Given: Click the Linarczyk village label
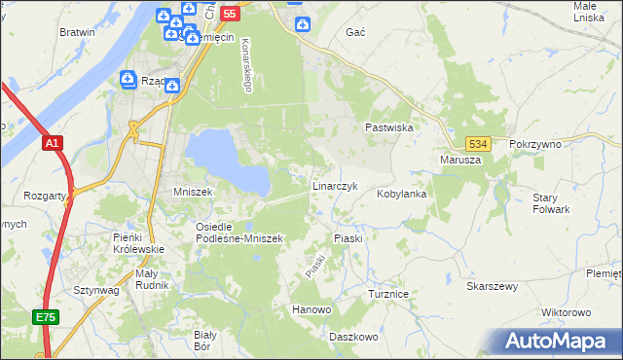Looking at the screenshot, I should (x=336, y=185).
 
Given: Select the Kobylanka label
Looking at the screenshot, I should (x=402, y=194).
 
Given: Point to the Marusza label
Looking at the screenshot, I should (x=460, y=160).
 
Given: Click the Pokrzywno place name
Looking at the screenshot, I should (x=535, y=144).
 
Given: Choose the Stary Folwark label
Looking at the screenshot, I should (x=551, y=203).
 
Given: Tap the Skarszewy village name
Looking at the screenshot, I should (x=492, y=287).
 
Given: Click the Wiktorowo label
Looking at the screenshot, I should (x=566, y=312).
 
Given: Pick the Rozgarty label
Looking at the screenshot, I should (x=47, y=195).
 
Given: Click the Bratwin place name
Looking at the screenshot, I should (x=77, y=32).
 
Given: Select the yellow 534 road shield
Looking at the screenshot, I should (x=476, y=143).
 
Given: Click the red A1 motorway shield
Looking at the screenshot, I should (x=53, y=143).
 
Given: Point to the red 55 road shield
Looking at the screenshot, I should (x=230, y=14).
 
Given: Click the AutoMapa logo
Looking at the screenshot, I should (x=558, y=341).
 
